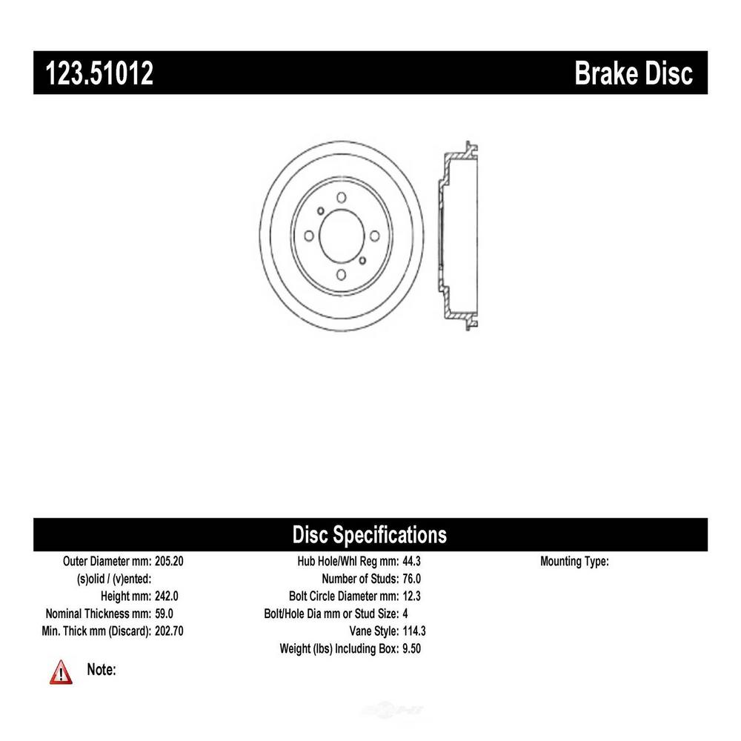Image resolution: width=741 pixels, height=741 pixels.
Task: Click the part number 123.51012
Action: (x=99, y=73)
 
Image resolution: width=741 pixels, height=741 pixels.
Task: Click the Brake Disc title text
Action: (x=634, y=73)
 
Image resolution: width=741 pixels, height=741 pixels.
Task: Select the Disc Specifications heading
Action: (x=370, y=534)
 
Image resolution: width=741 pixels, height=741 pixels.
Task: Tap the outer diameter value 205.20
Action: (x=169, y=561)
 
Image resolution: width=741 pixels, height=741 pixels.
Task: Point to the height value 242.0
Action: (x=166, y=596)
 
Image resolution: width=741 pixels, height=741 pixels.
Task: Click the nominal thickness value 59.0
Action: (x=164, y=614)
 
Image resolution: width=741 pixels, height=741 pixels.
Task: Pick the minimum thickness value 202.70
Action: (x=169, y=631)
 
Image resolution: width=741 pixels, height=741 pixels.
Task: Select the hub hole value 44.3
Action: (x=411, y=561)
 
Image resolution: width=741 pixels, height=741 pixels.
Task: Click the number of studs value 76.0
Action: (x=411, y=579)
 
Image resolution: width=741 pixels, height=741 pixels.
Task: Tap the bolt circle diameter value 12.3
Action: (x=411, y=596)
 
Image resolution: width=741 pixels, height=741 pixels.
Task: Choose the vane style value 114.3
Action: (x=414, y=631)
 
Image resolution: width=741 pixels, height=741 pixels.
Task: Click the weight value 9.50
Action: (x=411, y=648)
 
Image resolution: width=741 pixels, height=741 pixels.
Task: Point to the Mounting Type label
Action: (x=575, y=562)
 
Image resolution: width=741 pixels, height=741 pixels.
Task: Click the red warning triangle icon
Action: (x=61, y=673)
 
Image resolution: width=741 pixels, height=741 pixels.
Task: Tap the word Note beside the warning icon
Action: (x=101, y=670)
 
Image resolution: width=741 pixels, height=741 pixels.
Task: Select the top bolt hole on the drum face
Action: (x=341, y=197)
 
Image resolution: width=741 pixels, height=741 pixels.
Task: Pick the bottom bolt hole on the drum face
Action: (x=341, y=275)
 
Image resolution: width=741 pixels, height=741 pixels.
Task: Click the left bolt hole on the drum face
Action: (x=309, y=236)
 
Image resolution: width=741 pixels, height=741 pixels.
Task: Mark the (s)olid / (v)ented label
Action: (x=114, y=579)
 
